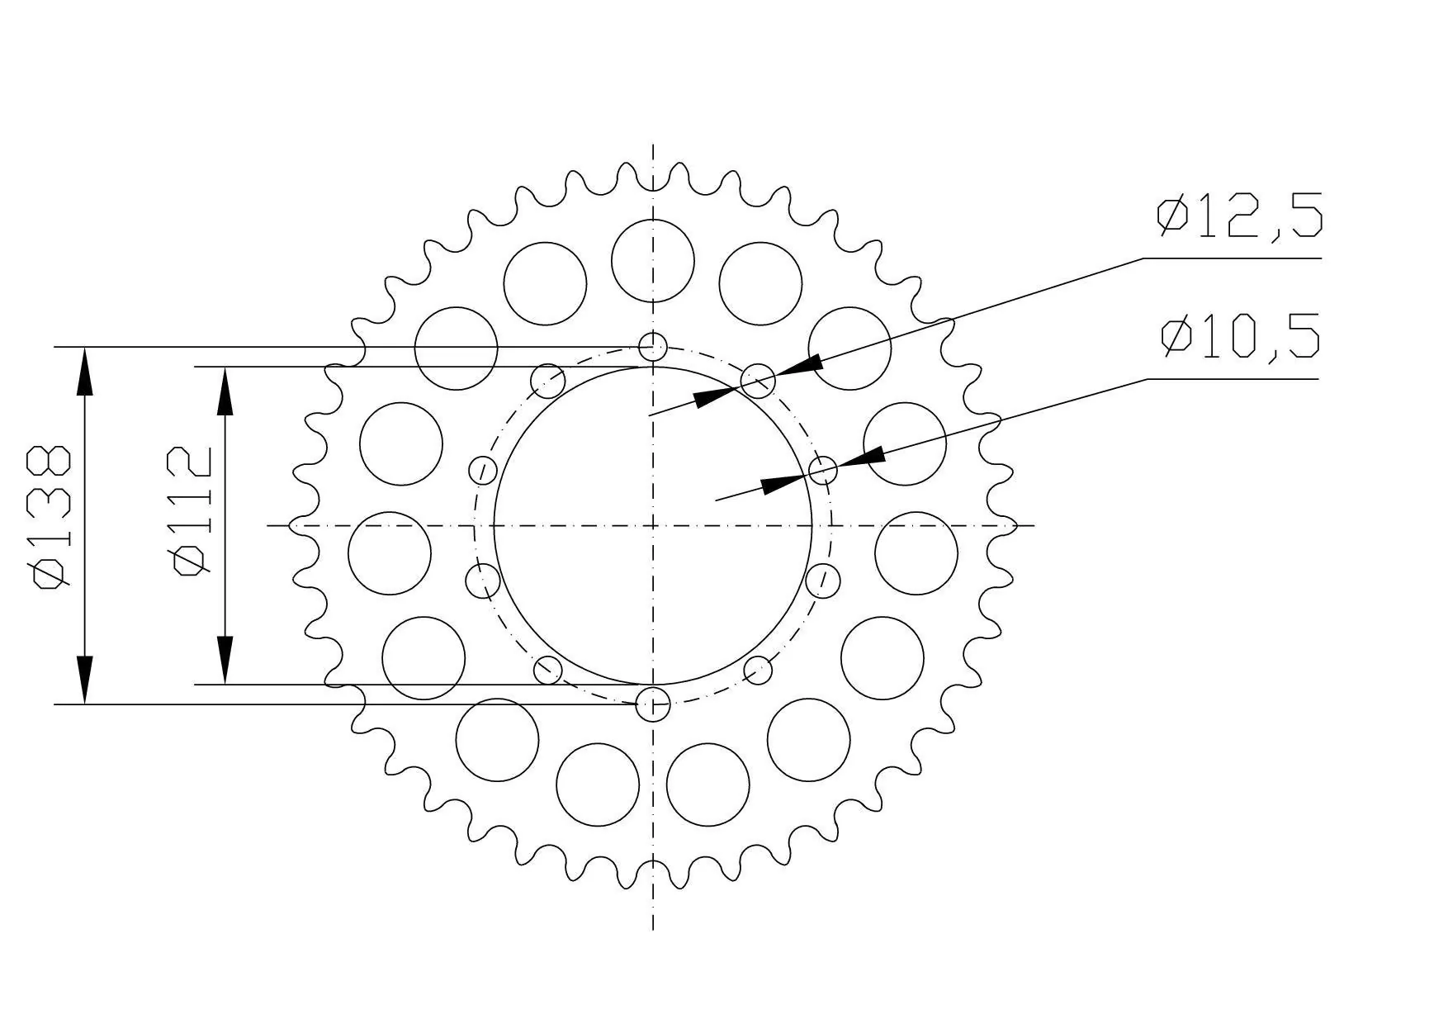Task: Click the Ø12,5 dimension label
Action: point(1239,216)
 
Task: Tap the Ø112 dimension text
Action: point(192,510)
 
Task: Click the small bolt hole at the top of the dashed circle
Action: point(653,347)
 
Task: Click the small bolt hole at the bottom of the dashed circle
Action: point(653,704)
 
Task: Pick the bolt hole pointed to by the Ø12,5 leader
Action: point(758,381)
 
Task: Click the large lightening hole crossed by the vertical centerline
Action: point(653,261)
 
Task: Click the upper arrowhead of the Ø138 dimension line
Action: point(85,372)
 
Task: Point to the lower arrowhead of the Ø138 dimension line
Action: point(85,680)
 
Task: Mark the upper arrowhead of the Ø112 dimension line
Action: point(225,391)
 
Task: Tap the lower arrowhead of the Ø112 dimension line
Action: point(225,660)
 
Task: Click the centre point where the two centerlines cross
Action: point(653,525)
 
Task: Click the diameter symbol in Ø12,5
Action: point(1172,216)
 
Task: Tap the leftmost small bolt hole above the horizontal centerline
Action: point(483,471)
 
